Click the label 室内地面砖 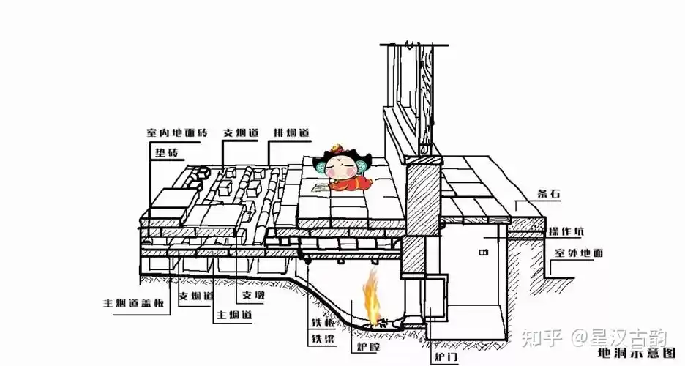[x=176, y=133]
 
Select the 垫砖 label [x=166, y=152]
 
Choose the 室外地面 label [x=578, y=253]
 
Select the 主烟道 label [x=233, y=315]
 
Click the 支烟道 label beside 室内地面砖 [x=241, y=133]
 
